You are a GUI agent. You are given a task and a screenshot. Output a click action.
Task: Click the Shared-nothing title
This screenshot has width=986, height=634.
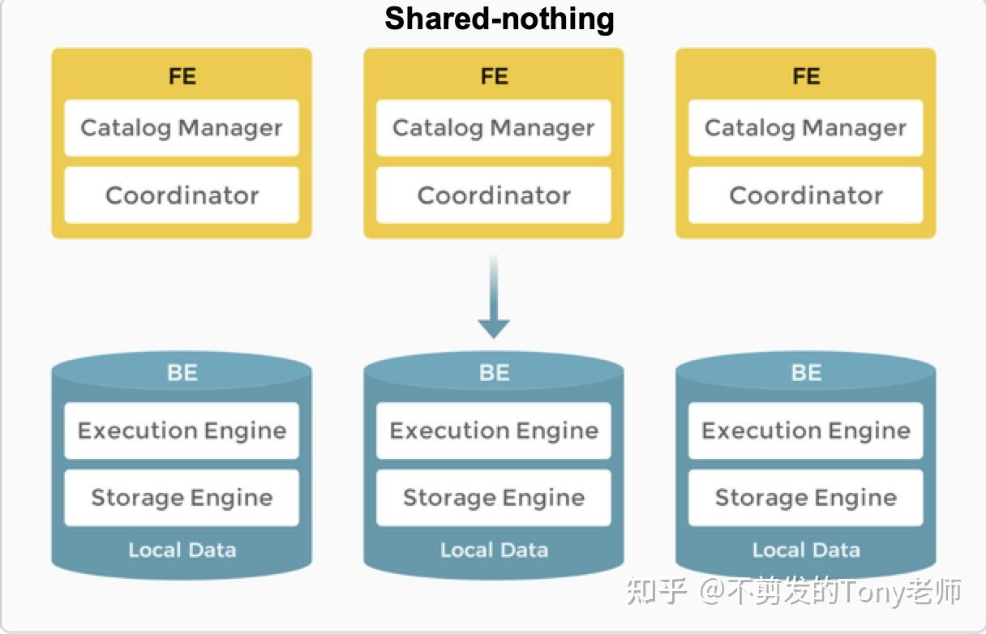click(x=499, y=18)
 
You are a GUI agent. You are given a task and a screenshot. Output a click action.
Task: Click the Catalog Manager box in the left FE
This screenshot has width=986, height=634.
click(x=182, y=128)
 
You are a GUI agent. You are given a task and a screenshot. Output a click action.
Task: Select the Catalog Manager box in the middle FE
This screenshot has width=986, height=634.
click(x=493, y=128)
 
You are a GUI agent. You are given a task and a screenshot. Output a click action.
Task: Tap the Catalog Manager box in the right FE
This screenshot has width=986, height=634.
click(x=805, y=128)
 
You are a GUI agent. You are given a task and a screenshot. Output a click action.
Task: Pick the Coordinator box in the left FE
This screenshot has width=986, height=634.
click(x=182, y=195)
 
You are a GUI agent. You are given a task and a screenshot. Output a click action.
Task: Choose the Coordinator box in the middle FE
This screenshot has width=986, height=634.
click(x=493, y=195)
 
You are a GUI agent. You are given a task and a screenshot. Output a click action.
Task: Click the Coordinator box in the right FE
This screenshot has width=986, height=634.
click(x=805, y=195)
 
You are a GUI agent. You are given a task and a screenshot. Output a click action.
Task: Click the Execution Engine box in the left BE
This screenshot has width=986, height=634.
click(x=182, y=431)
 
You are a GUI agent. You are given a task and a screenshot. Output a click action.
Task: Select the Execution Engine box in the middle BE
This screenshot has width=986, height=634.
click(x=493, y=431)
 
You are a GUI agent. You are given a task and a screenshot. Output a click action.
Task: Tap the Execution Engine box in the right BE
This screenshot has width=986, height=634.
click(x=805, y=431)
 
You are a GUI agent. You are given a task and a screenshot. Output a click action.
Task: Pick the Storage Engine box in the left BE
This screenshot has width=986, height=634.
click(x=182, y=498)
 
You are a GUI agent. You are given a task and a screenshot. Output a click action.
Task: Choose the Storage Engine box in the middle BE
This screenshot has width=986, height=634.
click(x=493, y=498)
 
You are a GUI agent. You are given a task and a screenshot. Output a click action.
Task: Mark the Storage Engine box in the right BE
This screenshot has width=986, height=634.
click(x=805, y=498)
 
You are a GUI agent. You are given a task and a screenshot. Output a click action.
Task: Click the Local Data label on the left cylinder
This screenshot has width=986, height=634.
click(x=182, y=550)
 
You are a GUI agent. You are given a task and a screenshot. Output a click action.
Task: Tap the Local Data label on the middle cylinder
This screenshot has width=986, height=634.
click(x=493, y=550)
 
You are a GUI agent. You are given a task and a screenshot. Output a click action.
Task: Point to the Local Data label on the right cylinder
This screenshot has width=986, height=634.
click(x=805, y=550)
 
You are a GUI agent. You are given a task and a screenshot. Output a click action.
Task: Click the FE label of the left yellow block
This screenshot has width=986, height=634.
click(x=182, y=76)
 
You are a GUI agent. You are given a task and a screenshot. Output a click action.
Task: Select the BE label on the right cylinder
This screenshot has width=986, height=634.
click(x=805, y=373)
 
